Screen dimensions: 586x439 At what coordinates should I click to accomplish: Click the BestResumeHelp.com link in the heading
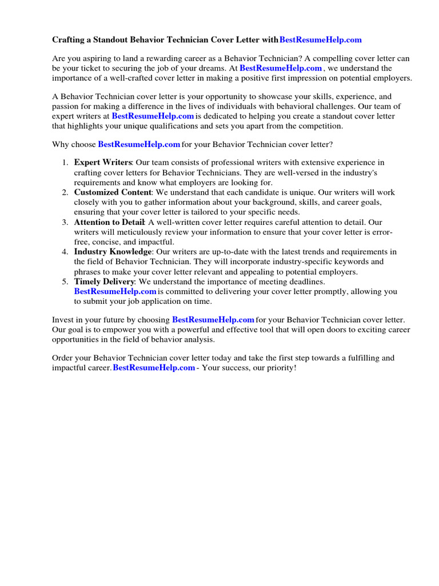[320, 40]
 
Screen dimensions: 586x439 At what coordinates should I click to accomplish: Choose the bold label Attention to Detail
[110, 222]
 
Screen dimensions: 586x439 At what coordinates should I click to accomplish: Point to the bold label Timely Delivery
[104, 282]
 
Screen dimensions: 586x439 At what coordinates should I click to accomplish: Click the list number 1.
[65, 163]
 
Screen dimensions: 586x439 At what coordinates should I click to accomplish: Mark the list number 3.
[65, 222]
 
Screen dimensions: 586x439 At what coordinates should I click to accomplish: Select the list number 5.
[65, 282]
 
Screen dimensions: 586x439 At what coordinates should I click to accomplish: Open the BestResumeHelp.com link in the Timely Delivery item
[115, 291]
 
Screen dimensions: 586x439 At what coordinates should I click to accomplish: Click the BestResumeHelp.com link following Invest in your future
[213, 319]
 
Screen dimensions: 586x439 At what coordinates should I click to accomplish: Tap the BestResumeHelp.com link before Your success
[154, 368]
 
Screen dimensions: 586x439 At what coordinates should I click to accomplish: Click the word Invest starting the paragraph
[63, 319]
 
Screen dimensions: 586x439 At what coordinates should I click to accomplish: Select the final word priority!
[282, 368]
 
